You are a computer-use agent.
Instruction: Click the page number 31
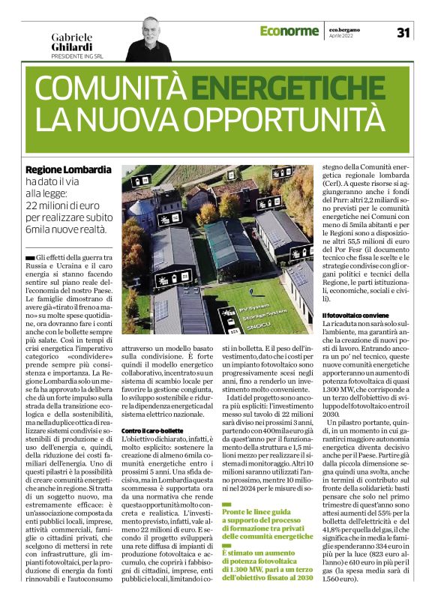click(404, 32)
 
